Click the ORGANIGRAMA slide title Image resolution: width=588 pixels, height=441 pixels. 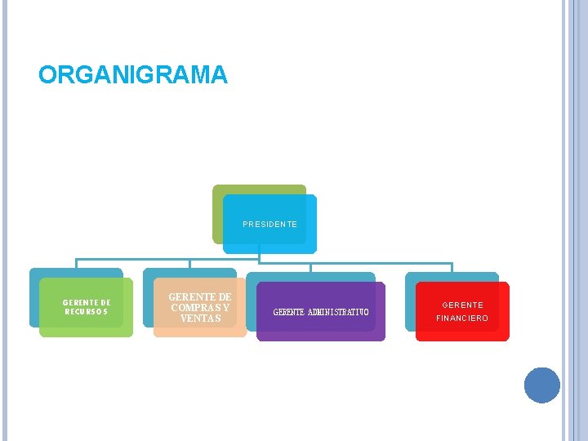point(133,75)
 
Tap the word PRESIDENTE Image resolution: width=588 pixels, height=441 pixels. point(269,224)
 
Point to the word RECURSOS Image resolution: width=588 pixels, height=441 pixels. point(87,311)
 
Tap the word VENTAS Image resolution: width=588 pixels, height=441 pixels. point(200,318)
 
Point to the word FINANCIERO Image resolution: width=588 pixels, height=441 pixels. point(462,318)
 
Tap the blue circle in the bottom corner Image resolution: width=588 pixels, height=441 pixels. point(542,385)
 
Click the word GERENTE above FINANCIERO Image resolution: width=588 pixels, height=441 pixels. point(462,305)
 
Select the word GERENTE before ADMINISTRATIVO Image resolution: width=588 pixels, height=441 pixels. point(289,312)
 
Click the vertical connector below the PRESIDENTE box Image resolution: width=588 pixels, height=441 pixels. point(259,257)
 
